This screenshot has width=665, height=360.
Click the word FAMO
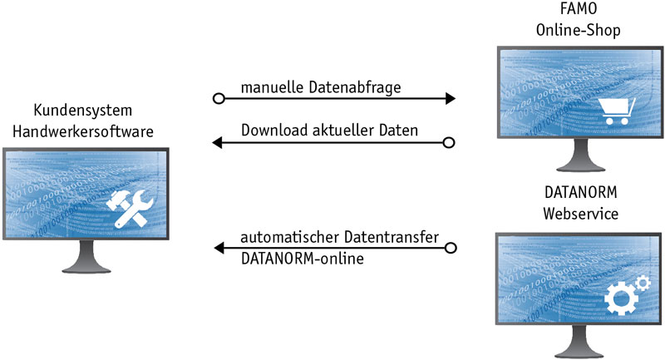tap(579, 12)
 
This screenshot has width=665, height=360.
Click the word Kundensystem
tap(83, 111)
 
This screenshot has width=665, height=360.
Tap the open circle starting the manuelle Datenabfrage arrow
tap(219, 98)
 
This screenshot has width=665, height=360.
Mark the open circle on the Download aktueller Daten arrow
tap(450, 143)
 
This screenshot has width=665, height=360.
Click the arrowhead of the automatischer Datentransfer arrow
tap(219, 248)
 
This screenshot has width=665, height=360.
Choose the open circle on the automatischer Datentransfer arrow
tap(450, 248)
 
